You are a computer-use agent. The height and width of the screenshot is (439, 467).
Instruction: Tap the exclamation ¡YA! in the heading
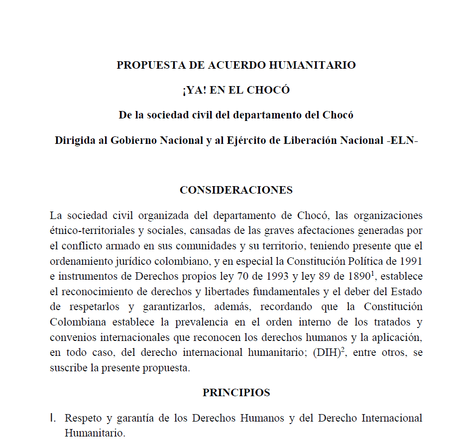coord(194,90)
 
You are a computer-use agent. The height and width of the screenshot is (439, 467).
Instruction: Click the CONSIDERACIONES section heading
coord(236,190)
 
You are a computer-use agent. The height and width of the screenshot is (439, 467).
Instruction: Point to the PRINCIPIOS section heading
coord(236,392)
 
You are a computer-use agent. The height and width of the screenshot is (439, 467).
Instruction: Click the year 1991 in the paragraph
coord(411,261)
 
